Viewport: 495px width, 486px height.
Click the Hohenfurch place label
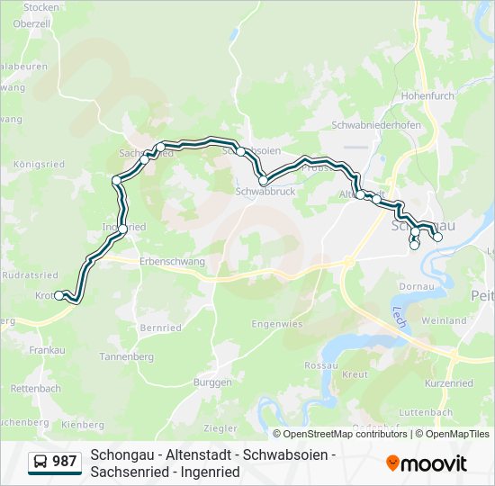428,94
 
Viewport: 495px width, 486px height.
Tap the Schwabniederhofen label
376,125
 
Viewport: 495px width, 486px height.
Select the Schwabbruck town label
265,191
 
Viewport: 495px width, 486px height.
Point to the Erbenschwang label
173,262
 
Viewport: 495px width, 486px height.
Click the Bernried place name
161,328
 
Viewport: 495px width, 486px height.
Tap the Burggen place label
212,382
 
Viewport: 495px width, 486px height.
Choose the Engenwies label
277,323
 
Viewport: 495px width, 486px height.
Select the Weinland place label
444,320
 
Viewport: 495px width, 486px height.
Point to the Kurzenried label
448,382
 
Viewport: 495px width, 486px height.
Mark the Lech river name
400,314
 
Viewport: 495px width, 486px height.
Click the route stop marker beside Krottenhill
59,295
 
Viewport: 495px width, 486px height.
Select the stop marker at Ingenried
122,229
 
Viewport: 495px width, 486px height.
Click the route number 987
65,462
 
